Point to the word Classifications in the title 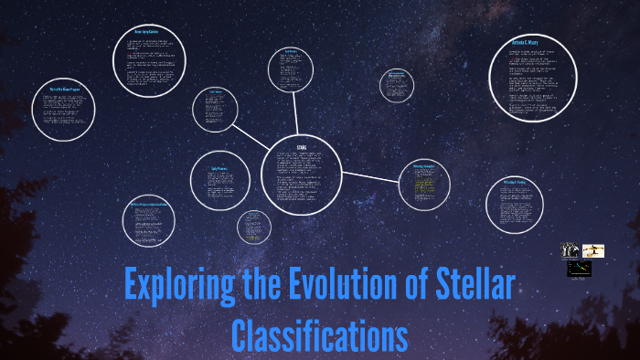[319, 334]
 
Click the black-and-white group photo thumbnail [570, 250]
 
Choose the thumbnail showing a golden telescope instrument [593, 250]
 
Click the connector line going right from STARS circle [370, 175]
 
